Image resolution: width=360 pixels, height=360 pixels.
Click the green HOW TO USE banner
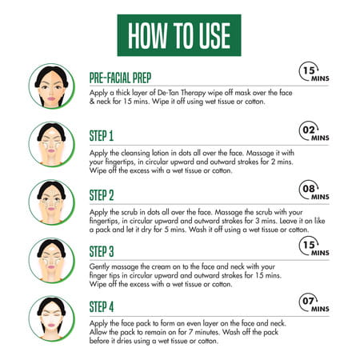pos(179,35)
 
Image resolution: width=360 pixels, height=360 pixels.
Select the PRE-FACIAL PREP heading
pos(120,78)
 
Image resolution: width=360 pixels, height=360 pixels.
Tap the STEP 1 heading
pos(102,136)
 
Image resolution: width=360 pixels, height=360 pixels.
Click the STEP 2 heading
pos(102,195)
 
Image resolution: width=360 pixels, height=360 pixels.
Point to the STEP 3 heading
pos(102,251)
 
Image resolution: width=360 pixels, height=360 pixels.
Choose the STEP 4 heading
pos(102,306)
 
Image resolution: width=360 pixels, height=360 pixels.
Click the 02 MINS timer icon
pos(314,131)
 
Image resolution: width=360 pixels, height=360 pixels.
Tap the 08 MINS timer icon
pos(314,190)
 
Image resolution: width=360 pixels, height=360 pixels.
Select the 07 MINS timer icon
pos(314,302)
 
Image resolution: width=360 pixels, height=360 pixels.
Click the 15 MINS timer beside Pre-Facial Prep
pos(314,72)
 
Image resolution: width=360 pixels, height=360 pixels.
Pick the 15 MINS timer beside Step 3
pos(314,246)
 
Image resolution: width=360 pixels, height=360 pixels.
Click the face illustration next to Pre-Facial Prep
pos(52,86)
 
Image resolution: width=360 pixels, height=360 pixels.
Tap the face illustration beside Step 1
pos(52,144)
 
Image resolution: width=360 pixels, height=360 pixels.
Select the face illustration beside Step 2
pos(52,202)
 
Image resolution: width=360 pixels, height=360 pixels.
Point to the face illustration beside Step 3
pos(52,261)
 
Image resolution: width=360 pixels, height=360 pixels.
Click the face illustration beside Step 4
pos(52,318)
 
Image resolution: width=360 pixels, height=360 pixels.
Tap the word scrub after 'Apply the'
pos(130,212)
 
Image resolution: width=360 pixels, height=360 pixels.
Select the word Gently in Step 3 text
pos(99,267)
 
